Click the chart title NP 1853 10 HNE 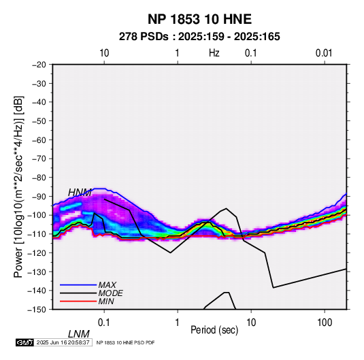pos(199,19)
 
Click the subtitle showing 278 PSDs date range pos(199,37)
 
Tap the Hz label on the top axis pos(214,53)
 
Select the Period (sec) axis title pos(214,330)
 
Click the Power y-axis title pos(18,186)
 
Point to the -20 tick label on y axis pos(39,65)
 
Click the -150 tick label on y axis pos(37,310)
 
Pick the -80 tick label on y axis pos(39,178)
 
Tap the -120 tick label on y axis pos(37,252)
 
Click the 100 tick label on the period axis pos(325,323)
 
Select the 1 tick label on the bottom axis pos(178,323)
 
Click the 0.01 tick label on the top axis pos(324,53)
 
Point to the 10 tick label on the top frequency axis pos(104,53)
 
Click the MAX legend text pos(107,285)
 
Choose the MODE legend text pos(110,293)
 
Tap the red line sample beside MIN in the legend pos(78,301)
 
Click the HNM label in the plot pos(80,193)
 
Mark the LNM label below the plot pos(79,334)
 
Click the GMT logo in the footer pos(25,342)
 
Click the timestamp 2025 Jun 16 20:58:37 pos(63,342)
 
